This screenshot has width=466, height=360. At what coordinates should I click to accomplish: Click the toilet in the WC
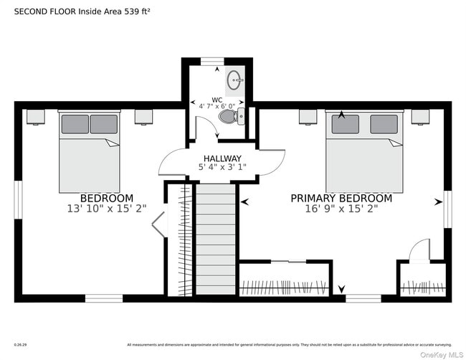[x=229, y=115]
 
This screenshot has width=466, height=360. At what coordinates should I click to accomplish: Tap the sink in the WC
[x=234, y=80]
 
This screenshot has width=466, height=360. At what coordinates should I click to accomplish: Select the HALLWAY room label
[x=222, y=158]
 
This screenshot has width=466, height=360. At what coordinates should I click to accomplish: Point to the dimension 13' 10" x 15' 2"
[x=106, y=209]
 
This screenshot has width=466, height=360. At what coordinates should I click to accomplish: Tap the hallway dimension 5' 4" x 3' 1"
[x=222, y=168]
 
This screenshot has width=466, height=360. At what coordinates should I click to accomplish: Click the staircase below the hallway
[x=215, y=240]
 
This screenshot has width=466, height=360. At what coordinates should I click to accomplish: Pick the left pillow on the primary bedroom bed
[x=345, y=125]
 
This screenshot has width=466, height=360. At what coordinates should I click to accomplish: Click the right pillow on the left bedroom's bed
[x=104, y=124]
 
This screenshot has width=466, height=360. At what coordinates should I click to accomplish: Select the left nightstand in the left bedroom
[x=35, y=117]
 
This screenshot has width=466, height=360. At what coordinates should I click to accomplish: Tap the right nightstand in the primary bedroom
[x=420, y=117]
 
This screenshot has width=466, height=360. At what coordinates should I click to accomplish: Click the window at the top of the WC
[x=211, y=62]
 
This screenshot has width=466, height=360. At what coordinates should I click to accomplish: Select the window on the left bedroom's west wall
[x=18, y=200]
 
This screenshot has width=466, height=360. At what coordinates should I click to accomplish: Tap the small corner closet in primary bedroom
[x=422, y=281]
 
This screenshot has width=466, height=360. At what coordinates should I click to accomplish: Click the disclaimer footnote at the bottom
[x=289, y=344]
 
